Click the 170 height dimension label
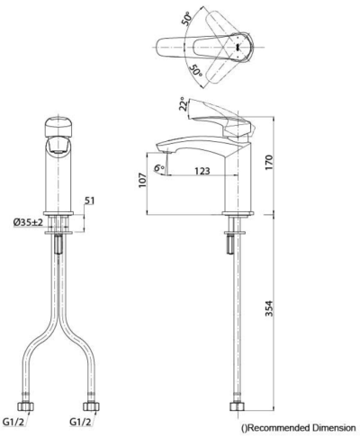269,162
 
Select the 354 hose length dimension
269,308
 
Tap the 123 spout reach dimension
202,171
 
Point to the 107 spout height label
142,181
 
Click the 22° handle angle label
184,103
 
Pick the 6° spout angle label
159,168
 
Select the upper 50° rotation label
186,18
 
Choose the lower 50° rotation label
195,71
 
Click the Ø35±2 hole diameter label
29,222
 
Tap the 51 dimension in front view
89,201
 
